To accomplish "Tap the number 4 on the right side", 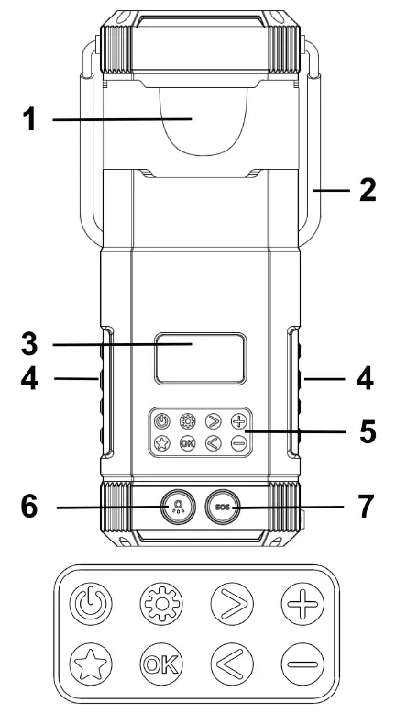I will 364,377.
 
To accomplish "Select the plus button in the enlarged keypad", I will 301,608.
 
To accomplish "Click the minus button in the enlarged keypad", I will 301,664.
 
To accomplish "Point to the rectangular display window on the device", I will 198,358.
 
